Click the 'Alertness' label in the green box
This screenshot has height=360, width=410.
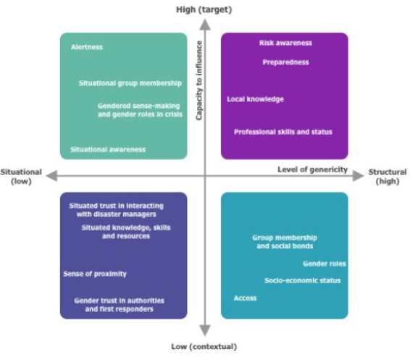87,47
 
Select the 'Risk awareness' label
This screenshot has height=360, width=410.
285,43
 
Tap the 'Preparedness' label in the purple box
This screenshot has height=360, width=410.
285,62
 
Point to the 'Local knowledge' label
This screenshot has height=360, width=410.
255,99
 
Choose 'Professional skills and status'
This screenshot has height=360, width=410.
283,132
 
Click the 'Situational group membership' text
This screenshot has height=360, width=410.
130,83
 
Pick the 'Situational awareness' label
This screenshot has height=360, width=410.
108,149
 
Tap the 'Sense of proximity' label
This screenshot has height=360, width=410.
95,274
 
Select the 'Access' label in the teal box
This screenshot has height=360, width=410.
245,298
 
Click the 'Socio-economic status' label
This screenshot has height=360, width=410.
303,280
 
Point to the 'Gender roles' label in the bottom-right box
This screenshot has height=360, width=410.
325,264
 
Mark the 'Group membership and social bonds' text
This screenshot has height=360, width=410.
285,242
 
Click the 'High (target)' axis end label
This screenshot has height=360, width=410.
204,9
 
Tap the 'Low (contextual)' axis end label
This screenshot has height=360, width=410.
204,347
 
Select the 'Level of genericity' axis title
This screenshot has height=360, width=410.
312,169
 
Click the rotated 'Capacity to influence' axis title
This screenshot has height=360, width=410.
199,80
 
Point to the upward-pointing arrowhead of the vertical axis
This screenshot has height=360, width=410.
205,25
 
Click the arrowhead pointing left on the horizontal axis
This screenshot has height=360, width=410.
51,175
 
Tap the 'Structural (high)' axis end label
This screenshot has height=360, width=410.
388,177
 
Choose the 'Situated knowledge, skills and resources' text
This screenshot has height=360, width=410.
126,232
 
